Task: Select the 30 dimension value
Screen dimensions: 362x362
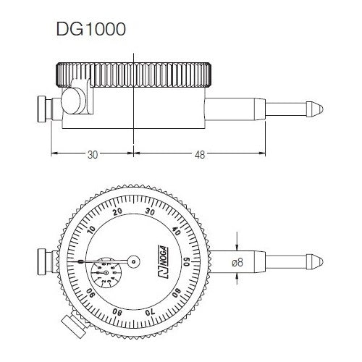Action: [x=93, y=154]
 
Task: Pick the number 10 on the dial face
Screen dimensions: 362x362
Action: [x=91, y=231]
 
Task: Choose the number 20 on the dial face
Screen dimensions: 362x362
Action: [x=118, y=213]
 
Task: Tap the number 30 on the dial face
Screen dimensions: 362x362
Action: [x=151, y=211]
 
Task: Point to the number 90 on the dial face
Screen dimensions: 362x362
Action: [x=92, y=293]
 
